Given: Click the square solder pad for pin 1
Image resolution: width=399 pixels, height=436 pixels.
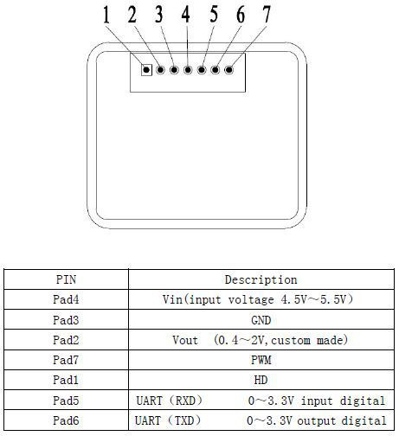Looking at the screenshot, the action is [x=146, y=70].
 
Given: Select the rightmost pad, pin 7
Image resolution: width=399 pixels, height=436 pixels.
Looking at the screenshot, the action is [x=229, y=70].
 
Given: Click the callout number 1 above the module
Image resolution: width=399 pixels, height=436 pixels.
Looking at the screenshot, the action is [x=106, y=15].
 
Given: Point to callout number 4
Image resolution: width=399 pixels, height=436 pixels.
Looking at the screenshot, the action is [x=186, y=15].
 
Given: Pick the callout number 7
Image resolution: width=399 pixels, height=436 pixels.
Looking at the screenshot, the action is [x=267, y=14].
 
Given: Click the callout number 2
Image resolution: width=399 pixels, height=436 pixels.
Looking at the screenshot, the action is [x=132, y=15].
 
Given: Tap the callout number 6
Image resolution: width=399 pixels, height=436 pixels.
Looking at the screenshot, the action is [x=241, y=15].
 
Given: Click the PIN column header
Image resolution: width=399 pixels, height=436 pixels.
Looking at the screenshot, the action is [x=66, y=279].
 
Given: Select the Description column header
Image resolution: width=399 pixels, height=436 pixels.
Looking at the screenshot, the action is [x=261, y=279].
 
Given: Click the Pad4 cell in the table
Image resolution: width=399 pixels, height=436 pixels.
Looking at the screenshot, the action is [x=66, y=299].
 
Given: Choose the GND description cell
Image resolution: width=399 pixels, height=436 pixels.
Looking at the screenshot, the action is [x=261, y=320].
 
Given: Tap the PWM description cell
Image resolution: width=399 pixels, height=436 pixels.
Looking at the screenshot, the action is [x=261, y=360].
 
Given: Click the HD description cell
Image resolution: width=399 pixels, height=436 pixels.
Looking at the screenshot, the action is [x=261, y=380].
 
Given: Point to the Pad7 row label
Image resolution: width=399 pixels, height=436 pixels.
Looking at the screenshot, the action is [x=66, y=360].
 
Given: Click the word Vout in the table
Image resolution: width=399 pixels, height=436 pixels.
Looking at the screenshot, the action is [x=185, y=340].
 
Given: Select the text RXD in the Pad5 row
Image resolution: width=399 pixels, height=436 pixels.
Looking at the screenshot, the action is [x=185, y=401].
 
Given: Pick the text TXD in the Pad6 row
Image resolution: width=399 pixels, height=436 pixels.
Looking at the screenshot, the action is [x=184, y=420].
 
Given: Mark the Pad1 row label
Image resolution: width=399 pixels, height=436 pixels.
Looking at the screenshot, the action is [x=66, y=380].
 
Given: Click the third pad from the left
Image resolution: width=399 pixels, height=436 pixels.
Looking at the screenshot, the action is [x=174, y=70].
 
